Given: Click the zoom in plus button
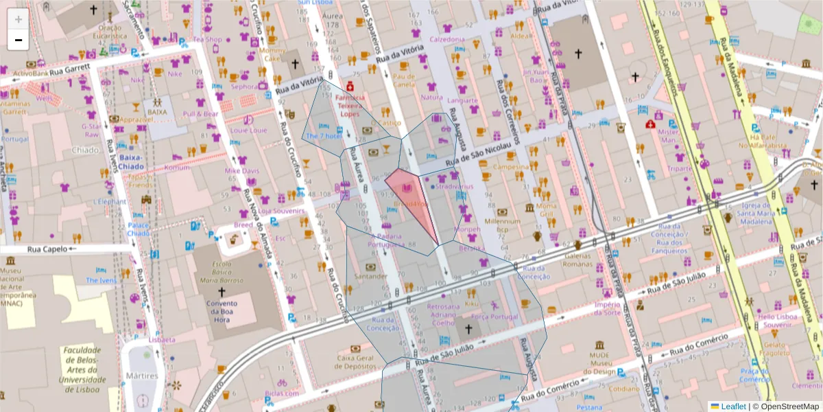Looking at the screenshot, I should tap(19, 19).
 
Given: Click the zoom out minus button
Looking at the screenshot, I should tap(19, 40).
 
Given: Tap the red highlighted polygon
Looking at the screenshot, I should tap(413, 199).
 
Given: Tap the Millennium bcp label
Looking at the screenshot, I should tap(503, 225).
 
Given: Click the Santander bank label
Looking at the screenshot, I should tap(370, 276).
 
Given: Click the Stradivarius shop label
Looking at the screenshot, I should tap(454, 186).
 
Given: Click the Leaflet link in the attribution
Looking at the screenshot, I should tap(732, 407).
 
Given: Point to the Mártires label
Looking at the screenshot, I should tap(142, 376).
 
